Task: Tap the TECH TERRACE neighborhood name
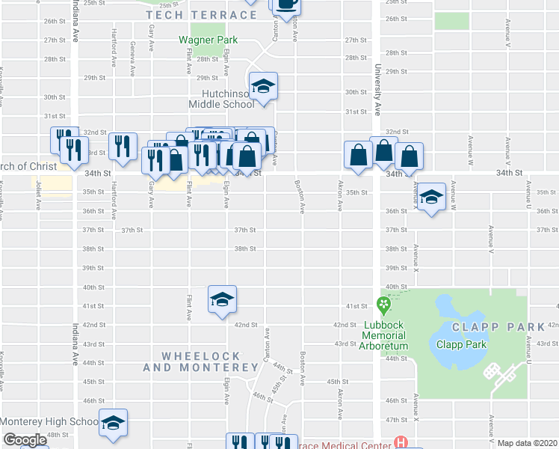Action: click(201, 15)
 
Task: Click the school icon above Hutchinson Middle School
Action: click(263, 87)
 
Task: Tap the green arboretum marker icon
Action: click(384, 305)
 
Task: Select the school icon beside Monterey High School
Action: click(114, 423)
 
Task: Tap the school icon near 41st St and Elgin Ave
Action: click(222, 300)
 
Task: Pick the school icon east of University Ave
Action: click(431, 198)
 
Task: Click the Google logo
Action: click(25, 440)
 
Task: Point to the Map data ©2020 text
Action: click(527, 443)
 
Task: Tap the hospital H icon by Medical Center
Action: click(401, 444)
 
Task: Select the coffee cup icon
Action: click(286, 4)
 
